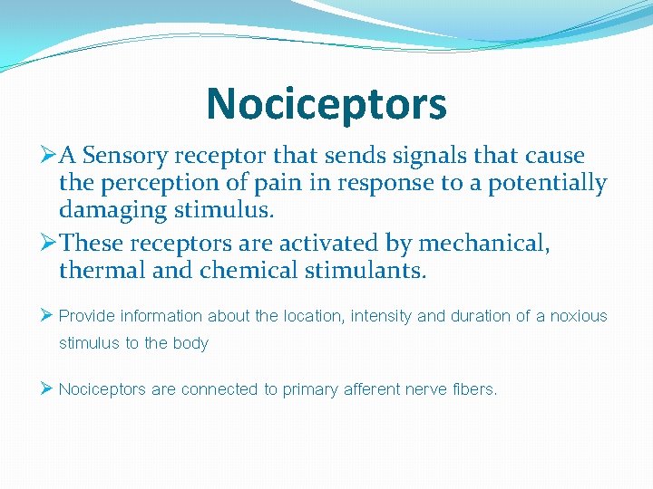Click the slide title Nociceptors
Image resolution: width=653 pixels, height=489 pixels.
[326, 103]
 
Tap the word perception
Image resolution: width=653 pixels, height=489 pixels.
[151, 183]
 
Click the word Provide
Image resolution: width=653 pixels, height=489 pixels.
[87, 316]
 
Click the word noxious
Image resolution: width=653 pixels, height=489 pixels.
[579, 316]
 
